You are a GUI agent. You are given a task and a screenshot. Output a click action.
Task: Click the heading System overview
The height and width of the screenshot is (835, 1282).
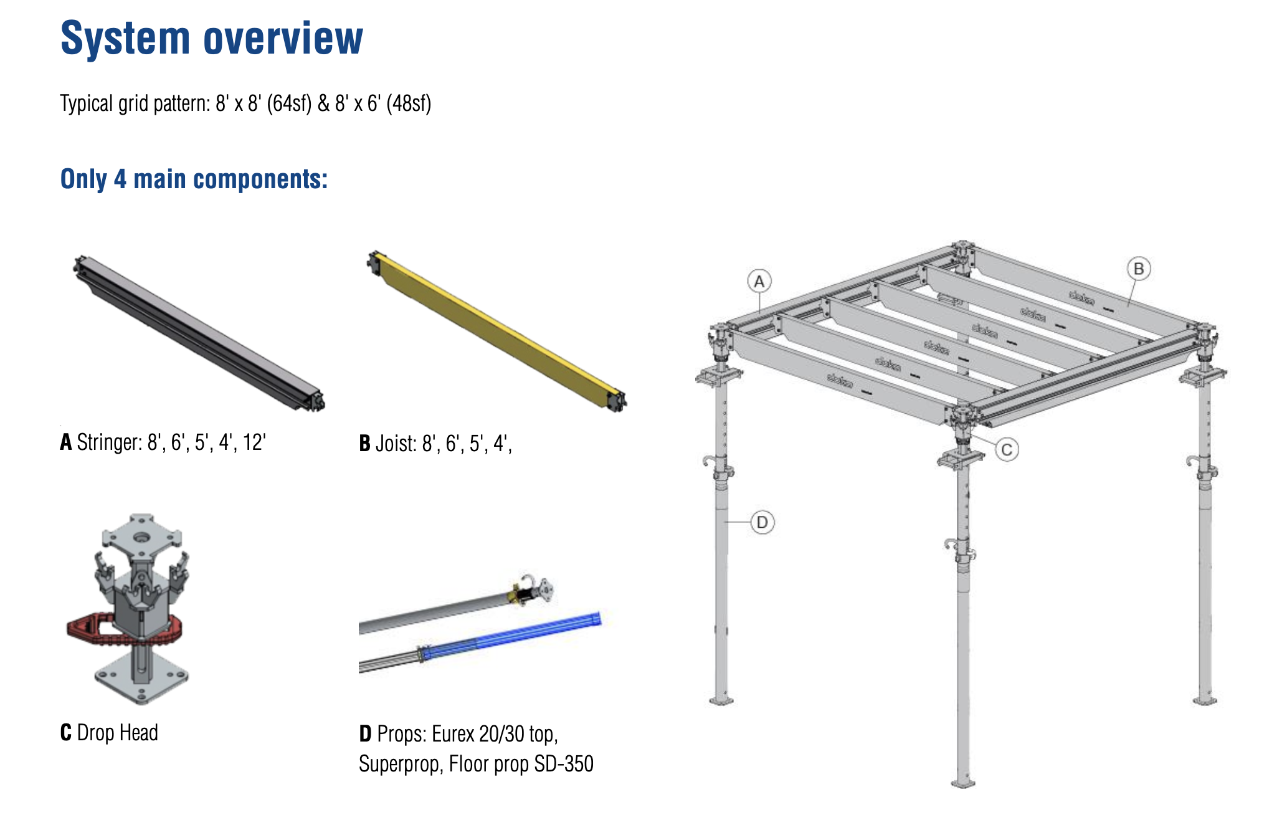tap(211, 39)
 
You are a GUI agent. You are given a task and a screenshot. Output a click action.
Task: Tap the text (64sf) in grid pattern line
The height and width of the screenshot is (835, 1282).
tap(289, 103)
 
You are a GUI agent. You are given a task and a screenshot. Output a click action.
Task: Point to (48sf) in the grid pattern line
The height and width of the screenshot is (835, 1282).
tap(409, 103)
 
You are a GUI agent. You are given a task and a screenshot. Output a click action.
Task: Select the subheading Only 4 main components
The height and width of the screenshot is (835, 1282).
tap(194, 179)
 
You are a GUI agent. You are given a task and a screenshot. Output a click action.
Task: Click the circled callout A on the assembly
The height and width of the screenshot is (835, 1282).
tap(759, 282)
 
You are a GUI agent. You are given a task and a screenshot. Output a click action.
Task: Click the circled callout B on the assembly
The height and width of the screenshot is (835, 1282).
tap(1139, 269)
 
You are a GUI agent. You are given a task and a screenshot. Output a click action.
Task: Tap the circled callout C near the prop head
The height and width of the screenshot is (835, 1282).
tap(1007, 449)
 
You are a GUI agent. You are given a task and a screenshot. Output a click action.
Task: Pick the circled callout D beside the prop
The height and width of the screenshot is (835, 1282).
tap(762, 522)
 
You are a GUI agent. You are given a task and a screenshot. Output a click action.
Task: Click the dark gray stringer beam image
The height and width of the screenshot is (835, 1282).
tap(199, 333)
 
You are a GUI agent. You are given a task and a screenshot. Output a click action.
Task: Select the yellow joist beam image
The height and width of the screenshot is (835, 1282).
tap(498, 330)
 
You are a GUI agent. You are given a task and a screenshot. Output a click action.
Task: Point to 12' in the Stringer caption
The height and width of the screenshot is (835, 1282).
tap(254, 442)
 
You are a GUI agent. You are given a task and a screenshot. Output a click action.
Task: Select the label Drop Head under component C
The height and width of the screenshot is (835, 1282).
tap(117, 733)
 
